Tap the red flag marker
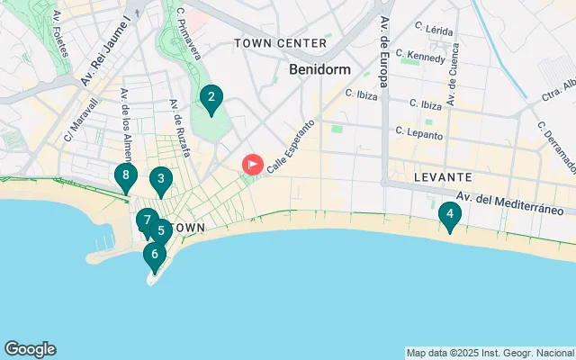click(x=253, y=165)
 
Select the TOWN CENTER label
click(x=280, y=43)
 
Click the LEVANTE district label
click(x=443, y=178)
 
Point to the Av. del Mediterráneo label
click(x=509, y=203)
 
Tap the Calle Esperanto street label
click(x=291, y=145)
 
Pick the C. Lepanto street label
click(x=419, y=133)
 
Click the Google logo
click(x=30, y=349)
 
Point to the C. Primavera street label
click(x=188, y=33)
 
